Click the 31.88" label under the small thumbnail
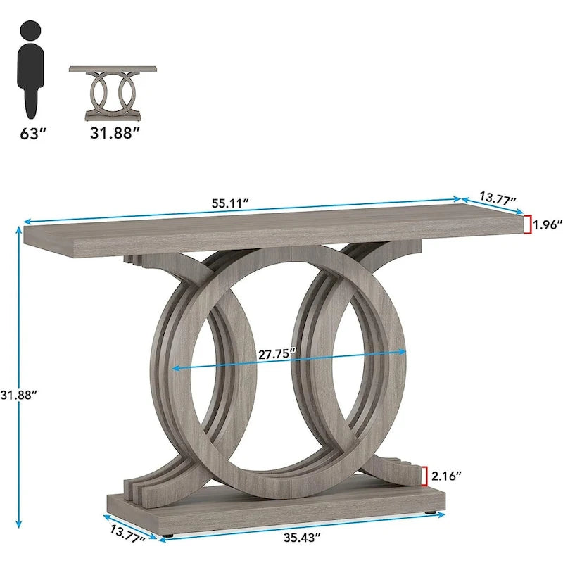[x=112, y=133]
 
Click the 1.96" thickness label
[x=548, y=225]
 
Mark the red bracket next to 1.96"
[x=526, y=224]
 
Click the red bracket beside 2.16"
[x=424, y=476]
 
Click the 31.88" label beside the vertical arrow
[x=19, y=395]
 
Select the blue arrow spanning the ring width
[x=211, y=364]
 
